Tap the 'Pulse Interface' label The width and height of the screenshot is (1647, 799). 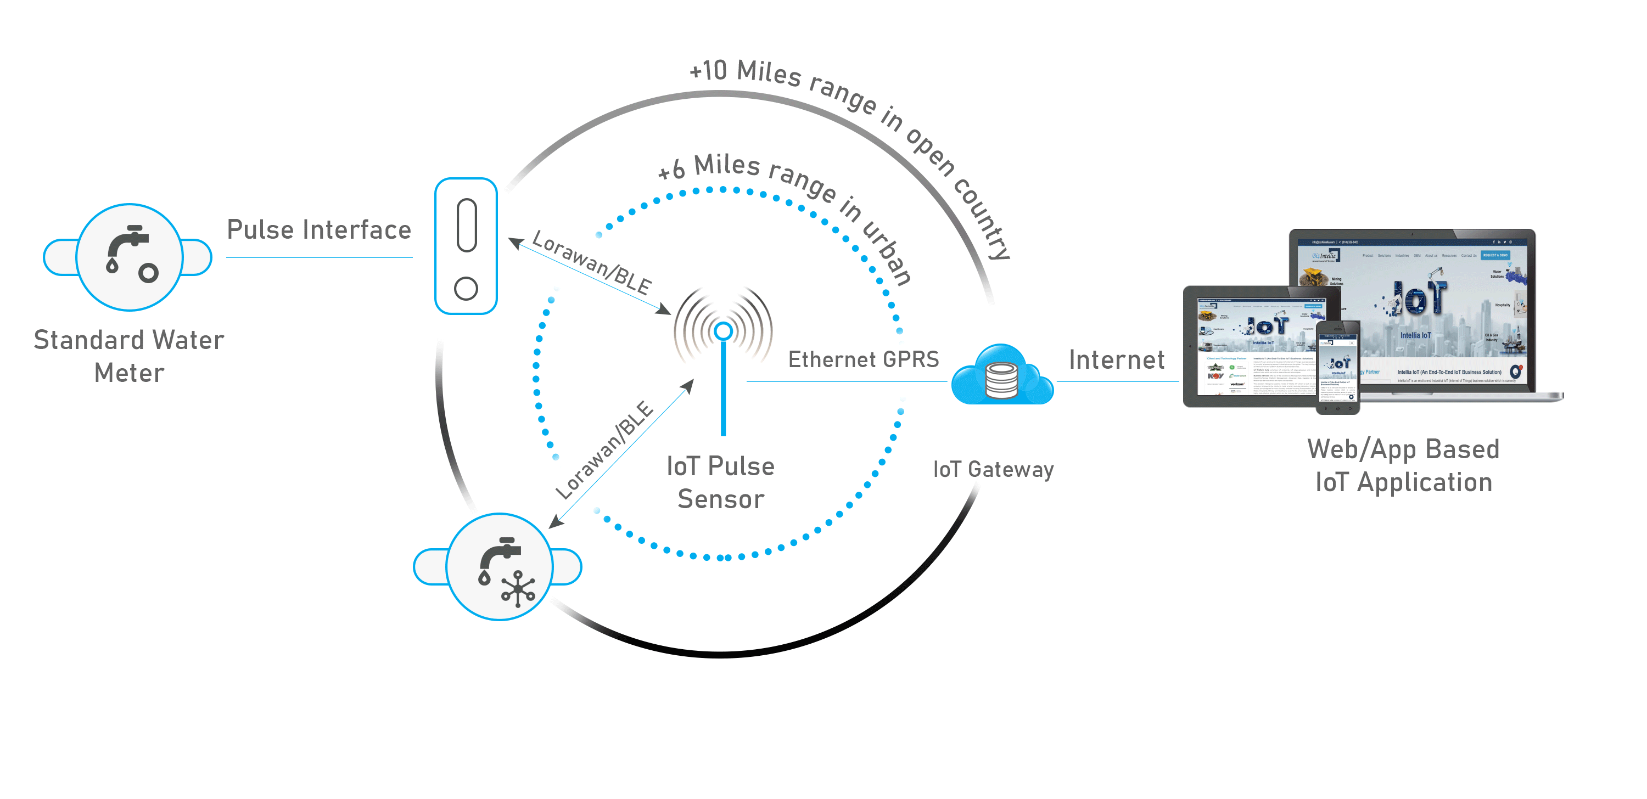[318, 230]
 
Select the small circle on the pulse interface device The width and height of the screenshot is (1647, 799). [466, 288]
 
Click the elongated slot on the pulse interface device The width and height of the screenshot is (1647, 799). [467, 226]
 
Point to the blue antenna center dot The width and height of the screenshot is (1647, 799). [723, 331]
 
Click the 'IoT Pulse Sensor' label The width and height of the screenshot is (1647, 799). [720, 482]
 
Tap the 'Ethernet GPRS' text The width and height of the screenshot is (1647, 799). [863, 359]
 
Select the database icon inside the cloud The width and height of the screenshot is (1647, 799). [1001, 380]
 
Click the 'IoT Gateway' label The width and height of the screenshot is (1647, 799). [993, 470]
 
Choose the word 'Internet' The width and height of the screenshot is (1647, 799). [1116, 360]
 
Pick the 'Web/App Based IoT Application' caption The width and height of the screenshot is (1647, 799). [1403, 465]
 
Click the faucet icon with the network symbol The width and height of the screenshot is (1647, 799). [500, 566]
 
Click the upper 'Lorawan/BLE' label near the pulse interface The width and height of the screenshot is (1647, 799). [591, 262]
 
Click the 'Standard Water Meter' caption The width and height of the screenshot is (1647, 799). [129, 356]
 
